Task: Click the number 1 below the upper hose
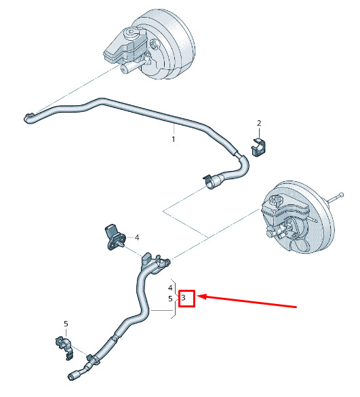point(174,139)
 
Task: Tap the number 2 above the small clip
point(259,123)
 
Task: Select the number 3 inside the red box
point(184,297)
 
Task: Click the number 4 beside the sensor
point(137,238)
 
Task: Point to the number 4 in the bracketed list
point(170,288)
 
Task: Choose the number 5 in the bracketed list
point(170,299)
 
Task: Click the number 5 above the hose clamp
point(66,324)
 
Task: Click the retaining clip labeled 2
point(258,147)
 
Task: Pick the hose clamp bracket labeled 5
point(65,347)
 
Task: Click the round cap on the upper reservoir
point(132,32)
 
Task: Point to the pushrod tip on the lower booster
point(341,195)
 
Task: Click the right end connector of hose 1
point(212,182)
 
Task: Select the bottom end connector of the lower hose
point(74,375)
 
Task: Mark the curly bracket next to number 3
point(175,299)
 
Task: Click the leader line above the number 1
point(174,129)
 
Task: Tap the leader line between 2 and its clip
point(259,132)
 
